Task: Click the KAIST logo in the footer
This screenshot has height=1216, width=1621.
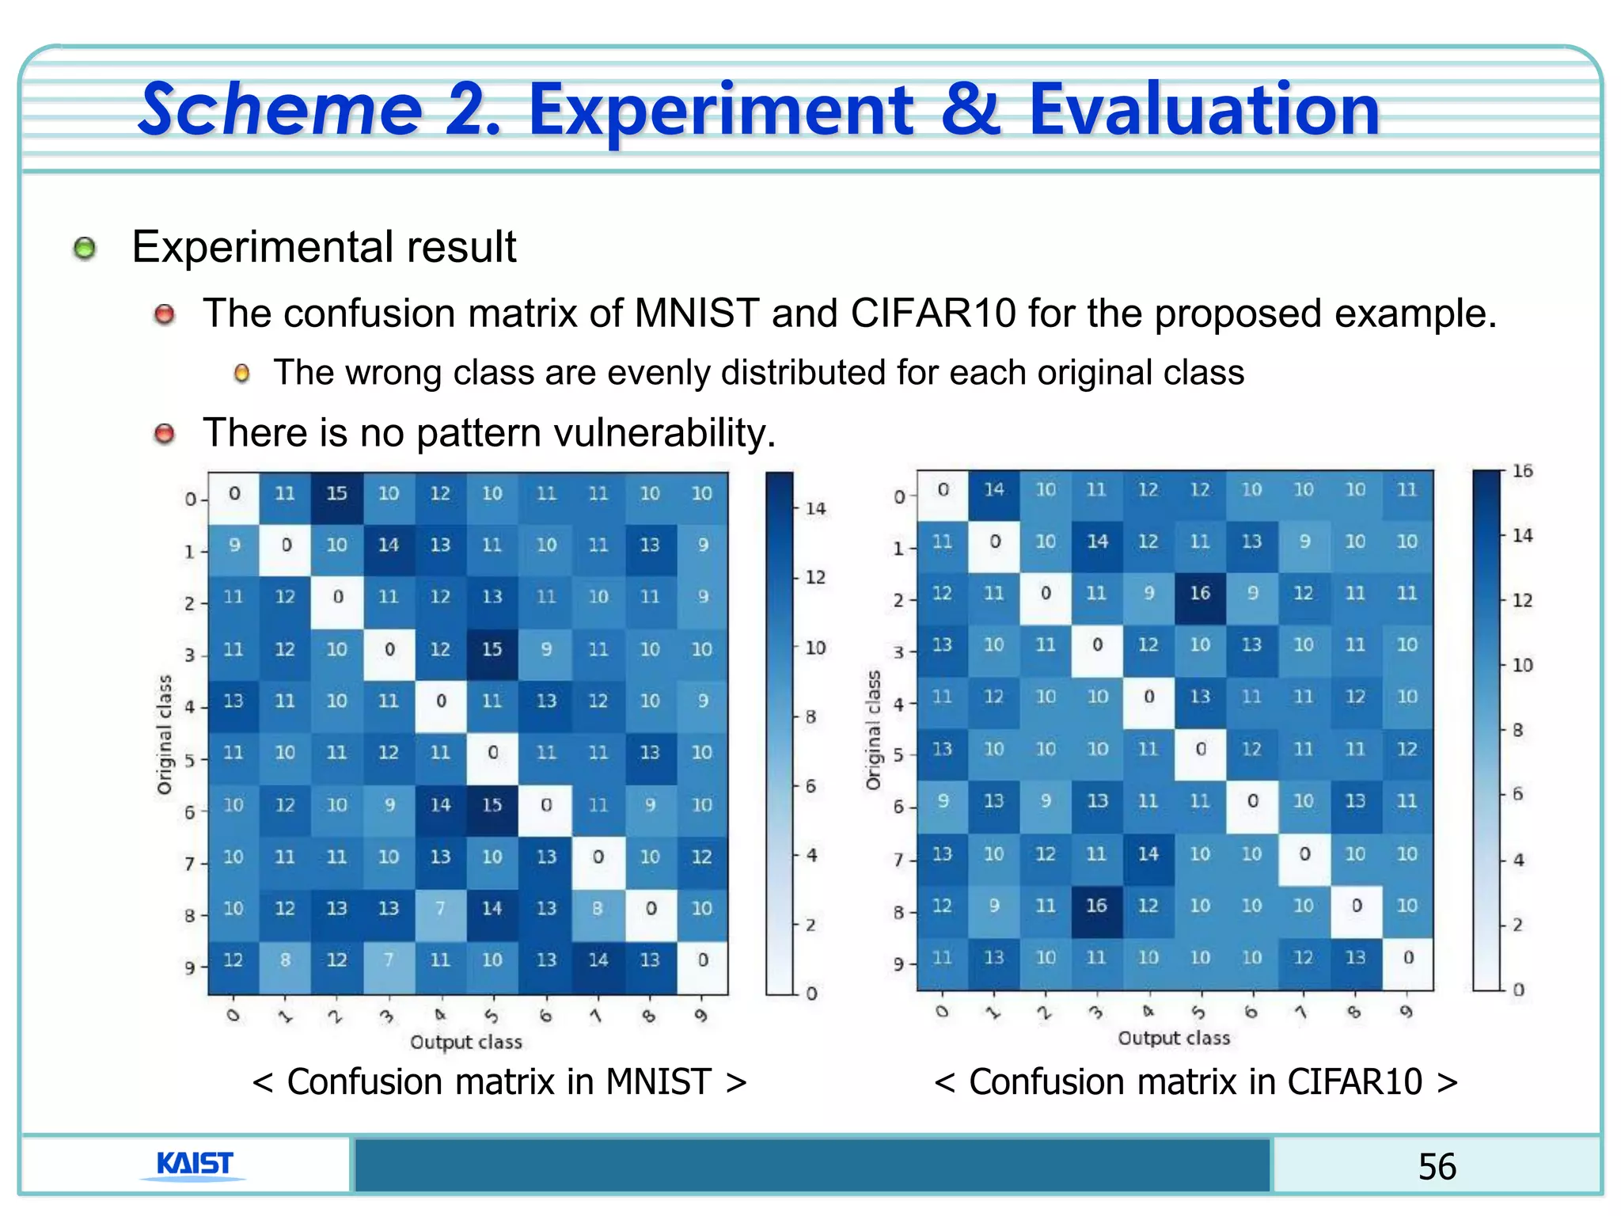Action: click(194, 1164)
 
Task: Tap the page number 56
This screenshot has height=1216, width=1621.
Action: click(1437, 1166)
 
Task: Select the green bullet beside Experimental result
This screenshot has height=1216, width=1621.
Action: click(85, 249)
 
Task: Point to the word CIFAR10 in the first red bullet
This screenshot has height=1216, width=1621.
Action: click(933, 313)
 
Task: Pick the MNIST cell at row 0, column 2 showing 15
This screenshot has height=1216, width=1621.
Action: click(336, 493)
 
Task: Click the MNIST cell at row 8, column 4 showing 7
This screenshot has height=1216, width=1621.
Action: click(440, 908)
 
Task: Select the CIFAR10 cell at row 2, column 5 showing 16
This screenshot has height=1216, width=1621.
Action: click(1200, 593)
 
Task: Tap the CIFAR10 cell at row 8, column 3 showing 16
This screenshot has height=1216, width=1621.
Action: click(1096, 905)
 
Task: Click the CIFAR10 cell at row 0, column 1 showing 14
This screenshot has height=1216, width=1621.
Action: click(993, 489)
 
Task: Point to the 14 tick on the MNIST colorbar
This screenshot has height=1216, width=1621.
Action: click(815, 508)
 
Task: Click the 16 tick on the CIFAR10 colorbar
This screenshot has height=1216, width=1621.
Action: click(1522, 471)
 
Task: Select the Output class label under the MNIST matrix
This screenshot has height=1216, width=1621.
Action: click(466, 1042)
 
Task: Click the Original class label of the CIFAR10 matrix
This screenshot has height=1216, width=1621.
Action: click(873, 730)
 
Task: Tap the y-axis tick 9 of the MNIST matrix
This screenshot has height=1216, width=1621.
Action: click(189, 967)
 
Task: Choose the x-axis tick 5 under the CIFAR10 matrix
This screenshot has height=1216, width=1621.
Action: click(1199, 1012)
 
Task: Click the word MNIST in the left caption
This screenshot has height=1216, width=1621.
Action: click(659, 1082)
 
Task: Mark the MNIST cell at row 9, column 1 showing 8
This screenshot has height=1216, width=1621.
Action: click(285, 959)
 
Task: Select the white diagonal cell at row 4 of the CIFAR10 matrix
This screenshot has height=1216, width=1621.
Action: click(1148, 697)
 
